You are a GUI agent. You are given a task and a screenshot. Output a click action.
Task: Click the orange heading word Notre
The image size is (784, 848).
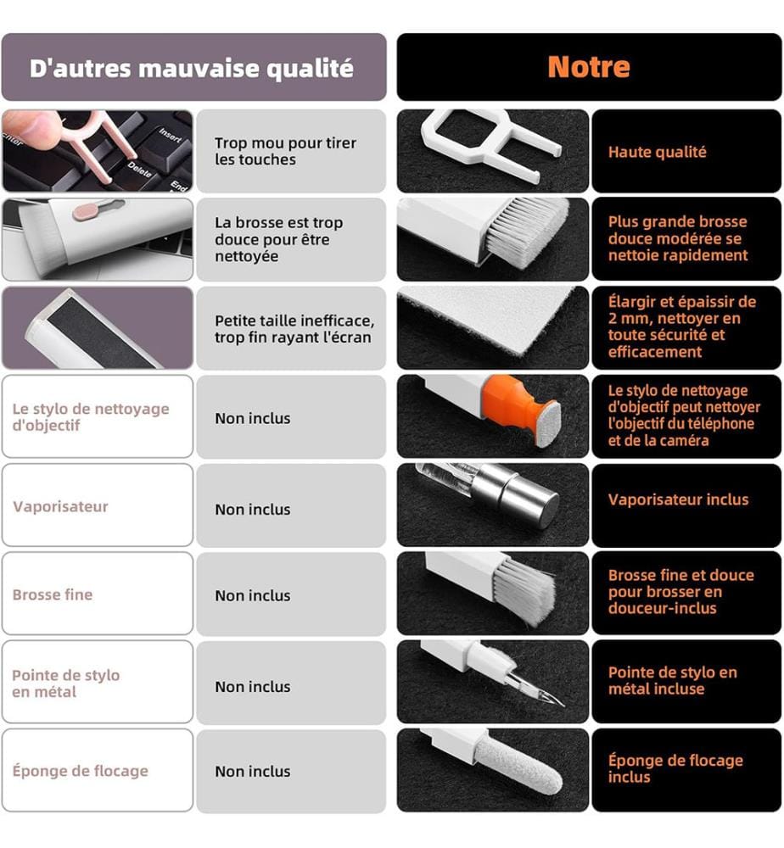tap(589, 67)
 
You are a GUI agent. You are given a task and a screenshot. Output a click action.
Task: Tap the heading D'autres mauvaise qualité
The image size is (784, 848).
tap(192, 69)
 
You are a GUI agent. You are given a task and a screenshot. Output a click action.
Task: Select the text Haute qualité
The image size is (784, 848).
tap(657, 152)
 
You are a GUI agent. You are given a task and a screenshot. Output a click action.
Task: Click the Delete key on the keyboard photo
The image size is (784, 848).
tap(140, 170)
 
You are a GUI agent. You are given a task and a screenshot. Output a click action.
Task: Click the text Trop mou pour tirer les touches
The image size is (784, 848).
tap(285, 152)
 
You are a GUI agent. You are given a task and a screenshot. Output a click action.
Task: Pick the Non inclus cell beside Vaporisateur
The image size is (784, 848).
tap(253, 510)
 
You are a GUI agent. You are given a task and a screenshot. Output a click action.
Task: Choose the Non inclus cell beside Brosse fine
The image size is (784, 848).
tap(253, 595)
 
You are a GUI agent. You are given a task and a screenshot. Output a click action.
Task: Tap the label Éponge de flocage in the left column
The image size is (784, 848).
tap(80, 771)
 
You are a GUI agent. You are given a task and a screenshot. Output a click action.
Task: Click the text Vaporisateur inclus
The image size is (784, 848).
tap(678, 499)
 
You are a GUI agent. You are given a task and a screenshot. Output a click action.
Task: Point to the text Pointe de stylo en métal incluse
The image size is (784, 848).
tap(673, 680)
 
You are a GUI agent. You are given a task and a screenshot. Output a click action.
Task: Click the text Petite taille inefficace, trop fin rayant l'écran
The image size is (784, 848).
tap(294, 329)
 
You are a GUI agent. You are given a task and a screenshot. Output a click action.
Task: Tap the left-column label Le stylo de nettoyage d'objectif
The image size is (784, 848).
tap(91, 417)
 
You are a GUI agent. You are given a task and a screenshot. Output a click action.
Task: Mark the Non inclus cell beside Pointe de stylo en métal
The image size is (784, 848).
tap(253, 687)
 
